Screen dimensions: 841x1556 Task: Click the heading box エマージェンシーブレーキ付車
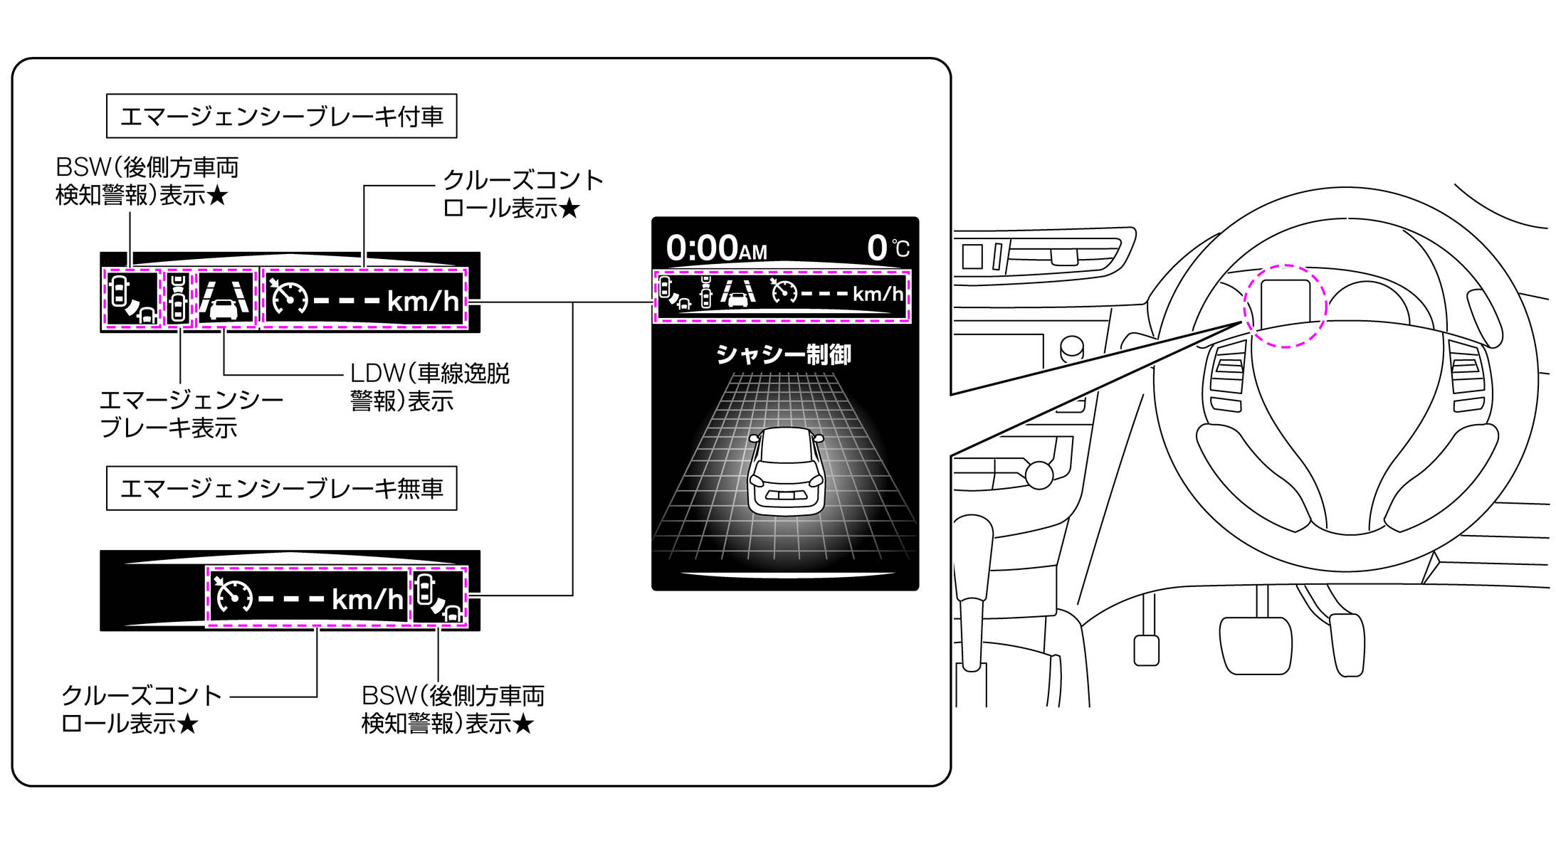click(x=281, y=116)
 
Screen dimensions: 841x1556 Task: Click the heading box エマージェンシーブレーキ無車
click(x=281, y=488)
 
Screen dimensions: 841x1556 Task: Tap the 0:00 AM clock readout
click(x=716, y=249)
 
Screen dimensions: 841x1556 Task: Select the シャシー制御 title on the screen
click(x=784, y=354)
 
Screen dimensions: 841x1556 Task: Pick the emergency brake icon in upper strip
click(x=179, y=299)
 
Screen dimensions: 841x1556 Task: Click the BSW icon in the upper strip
click(x=133, y=299)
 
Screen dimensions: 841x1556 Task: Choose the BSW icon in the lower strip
click(x=438, y=598)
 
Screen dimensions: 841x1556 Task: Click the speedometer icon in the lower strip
click(x=234, y=596)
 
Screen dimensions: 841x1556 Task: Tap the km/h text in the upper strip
click(x=423, y=302)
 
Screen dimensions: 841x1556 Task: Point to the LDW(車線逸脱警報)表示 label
click(x=429, y=387)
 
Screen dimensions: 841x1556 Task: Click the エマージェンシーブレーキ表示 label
click(x=191, y=413)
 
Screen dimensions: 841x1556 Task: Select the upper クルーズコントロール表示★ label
click(x=522, y=194)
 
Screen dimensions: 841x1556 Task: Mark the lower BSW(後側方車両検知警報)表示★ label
click(x=453, y=709)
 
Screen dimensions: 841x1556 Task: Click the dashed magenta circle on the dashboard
click(x=1285, y=307)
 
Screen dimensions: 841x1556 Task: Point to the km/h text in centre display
click(x=878, y=295)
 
